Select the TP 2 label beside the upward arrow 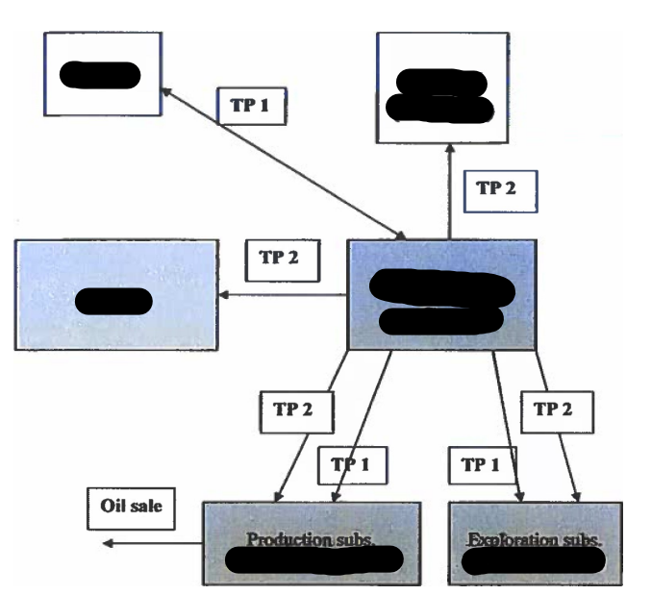coord(496,189)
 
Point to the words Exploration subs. coord(534,540)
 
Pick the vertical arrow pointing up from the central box coord(449,192)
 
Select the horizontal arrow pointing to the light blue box coord(284,295)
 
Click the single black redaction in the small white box coord(99,74)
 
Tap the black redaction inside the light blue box coord(113,301)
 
